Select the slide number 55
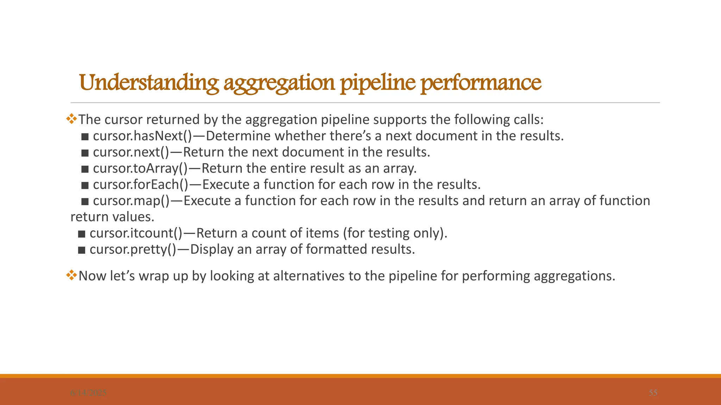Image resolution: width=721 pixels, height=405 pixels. click(x=653, y=393)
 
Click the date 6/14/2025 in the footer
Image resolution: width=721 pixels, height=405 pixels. click(x=88, y=393)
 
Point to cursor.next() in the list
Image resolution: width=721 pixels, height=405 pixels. click(x=131, y=152)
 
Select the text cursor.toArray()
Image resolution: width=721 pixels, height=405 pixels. click(x=140, y=168)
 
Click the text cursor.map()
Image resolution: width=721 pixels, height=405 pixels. click(x=131, y=201)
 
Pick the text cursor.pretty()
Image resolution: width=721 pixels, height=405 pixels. click(x=133, y=249)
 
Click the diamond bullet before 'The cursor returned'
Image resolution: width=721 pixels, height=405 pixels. click(x=71, y=119)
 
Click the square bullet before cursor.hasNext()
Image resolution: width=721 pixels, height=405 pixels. click(x=85, y=137)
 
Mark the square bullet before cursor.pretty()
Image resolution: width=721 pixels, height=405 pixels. click(x=82, y=250)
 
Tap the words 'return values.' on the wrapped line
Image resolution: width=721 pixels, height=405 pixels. click(x=112, y=217)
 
